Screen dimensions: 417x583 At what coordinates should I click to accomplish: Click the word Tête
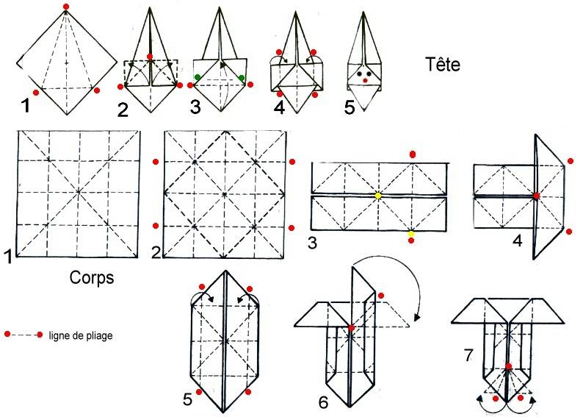point(442,65)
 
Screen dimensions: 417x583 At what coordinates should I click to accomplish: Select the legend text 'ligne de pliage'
point(81,335)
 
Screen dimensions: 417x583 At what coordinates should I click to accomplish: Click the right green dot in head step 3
point(241,78)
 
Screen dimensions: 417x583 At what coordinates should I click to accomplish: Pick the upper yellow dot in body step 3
point(378,195)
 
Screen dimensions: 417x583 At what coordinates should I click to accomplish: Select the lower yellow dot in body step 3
point(410,234)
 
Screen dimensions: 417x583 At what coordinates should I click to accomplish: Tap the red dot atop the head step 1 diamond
point(66,7)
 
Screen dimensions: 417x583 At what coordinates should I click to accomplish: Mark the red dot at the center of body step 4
point(537,196)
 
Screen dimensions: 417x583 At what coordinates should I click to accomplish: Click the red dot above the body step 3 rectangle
point(413,154)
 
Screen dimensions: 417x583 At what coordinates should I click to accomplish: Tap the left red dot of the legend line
point(7,335)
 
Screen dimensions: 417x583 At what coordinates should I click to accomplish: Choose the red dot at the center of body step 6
point(352,328)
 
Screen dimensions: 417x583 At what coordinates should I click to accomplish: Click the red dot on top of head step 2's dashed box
point(150,57)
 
